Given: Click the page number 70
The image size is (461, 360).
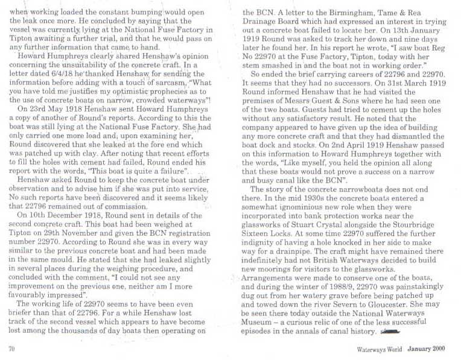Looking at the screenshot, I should click(11, 349).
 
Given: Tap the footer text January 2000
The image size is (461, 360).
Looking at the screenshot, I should click(427, 349).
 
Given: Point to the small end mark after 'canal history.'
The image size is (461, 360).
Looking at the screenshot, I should click(390, 331).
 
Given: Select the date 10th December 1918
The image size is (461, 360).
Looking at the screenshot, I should click(71, 215).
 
